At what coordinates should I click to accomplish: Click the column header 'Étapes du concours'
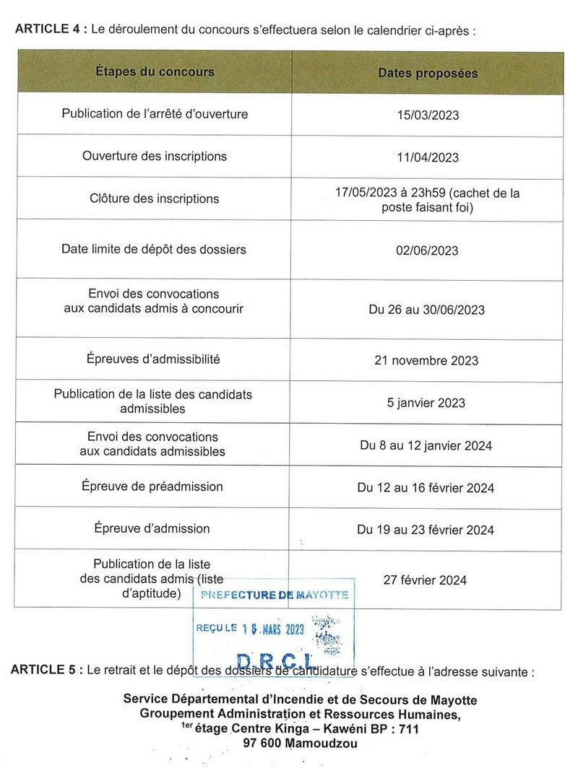tap(155, 71)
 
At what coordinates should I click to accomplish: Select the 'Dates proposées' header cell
tap(428, 73)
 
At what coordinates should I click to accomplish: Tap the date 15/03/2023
tap(427, 115)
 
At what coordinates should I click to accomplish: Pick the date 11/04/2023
tap(427, 157)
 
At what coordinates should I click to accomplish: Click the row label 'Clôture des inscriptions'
tap(155, 198)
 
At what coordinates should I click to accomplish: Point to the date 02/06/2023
tap(427, 250)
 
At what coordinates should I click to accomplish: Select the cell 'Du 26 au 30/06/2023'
tap(426, 310)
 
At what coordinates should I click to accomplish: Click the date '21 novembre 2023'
tap(426, 360)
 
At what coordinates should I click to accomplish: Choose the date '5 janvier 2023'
tap(426, 403)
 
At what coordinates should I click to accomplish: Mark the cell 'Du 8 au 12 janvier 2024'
tap(426, 445)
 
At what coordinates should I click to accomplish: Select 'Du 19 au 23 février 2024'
tap(426, 530)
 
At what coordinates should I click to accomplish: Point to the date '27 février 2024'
tap(425, 580)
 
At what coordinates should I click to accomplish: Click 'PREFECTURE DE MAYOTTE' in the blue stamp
tap(275, 595)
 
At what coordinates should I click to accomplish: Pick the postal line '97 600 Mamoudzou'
tap(300, 743)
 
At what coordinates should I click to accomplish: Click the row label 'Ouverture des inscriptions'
tap(155, 156)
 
